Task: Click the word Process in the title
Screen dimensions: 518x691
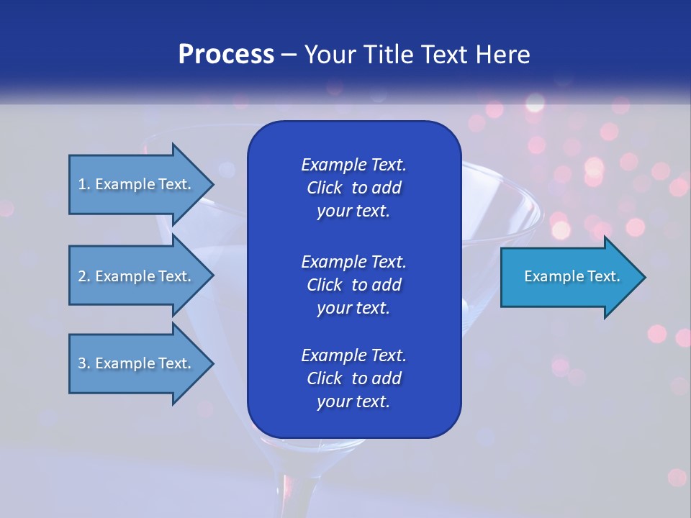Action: pyautogui.click(x=226, y=55)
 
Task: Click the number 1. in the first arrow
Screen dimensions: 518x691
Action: pyautogui.click(x=84, y=184)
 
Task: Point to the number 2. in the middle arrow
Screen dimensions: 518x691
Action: pyautogui.click(x=84, y=276)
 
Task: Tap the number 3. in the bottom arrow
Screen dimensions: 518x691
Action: pyautogui.click(x=84, y=363)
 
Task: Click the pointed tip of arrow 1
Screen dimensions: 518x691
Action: pyautogui.click(x=211, y=184)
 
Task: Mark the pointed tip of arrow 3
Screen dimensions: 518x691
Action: pyautogui.click(x=211, y=363)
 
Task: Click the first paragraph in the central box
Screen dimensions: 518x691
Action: pyautogui.click(x=353, y=188)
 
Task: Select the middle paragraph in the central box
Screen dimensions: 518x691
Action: pyautogui.click(x=353, y=284)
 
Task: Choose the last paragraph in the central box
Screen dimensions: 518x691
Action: pyautogui.click(x=353, y=378)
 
